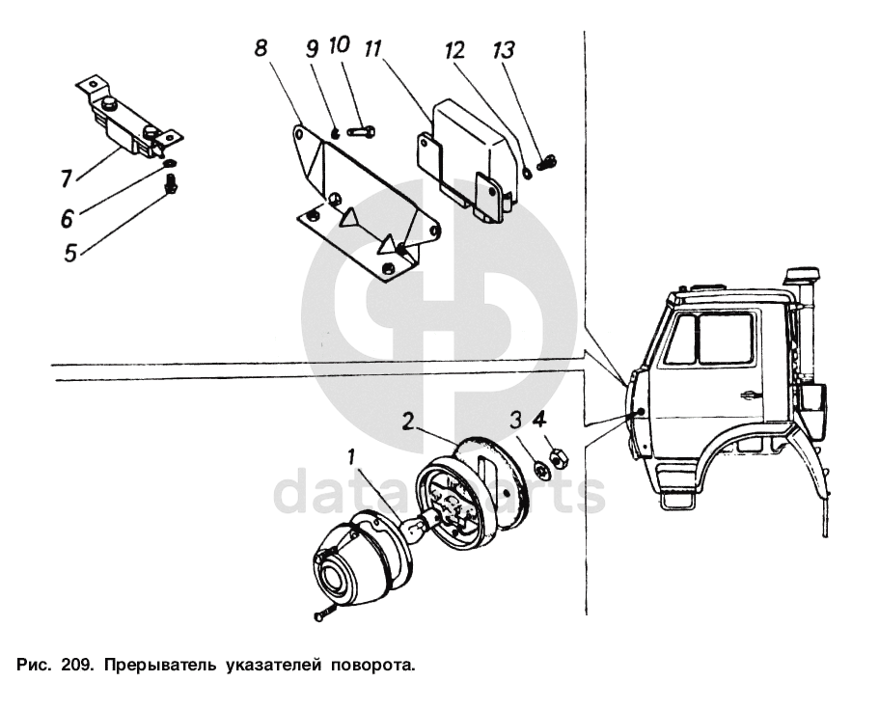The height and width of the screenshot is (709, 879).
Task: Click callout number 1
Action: (351, 455)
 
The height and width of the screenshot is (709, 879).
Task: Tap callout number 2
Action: (409, 422)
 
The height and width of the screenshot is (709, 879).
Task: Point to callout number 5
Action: (69, 253)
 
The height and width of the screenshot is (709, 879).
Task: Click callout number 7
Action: (66, 178)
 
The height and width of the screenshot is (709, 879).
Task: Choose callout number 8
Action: (261, 49)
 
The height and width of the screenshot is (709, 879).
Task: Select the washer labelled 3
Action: (541, 470)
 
